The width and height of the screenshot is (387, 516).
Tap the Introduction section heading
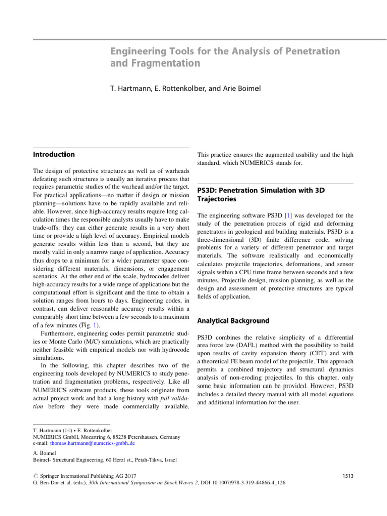(x=53, y=154)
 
